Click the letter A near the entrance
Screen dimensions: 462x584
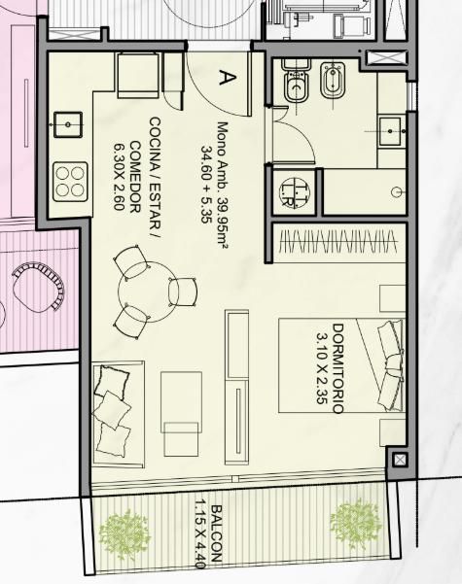pyautogui.click(x=227, y=77)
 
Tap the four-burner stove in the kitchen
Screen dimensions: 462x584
pyautogui.click(x=70, y=182)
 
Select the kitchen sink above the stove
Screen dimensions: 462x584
pyautogui.click(x=68, y=124)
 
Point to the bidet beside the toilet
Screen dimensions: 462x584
pyautogui.click(x=333, y=80)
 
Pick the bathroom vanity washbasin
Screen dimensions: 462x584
pyautogui.click(x=390, y=131)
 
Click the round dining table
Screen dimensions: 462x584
pyautogui.click(x=148, y=292)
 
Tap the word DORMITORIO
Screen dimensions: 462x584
pyautogui.click(x=338, y=368)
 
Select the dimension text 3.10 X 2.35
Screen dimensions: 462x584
pyautogui.click(x=322, y=368)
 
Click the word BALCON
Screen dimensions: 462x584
pyautogui.click(x=216, y=533)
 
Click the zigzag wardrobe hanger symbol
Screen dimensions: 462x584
pyautogui.click(x=338, y=242)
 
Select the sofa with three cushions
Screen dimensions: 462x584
pyautogui.click(x=119, y=414)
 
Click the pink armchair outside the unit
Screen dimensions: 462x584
pyautogui.click(x=38, y=286)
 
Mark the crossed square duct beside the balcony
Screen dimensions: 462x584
pyautogui.click(x=400, y=460)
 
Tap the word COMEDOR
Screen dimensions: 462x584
pyautogui.click(x=134, y=177)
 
